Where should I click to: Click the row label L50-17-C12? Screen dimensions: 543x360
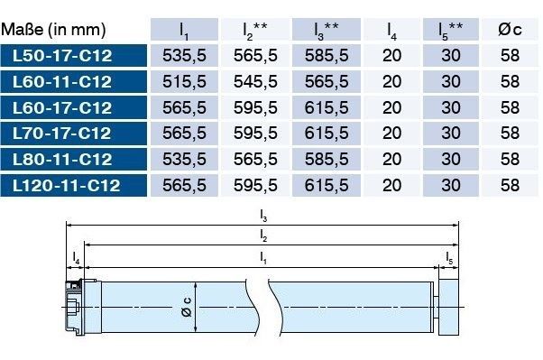coord(62,56)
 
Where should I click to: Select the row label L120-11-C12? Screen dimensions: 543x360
coord(67,185)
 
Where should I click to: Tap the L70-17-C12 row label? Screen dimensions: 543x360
coord(61,134)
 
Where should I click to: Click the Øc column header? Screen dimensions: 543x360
coord(510,30)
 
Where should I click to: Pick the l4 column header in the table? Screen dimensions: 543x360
coord(391,31)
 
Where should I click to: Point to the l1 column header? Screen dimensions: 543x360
coord(184,31)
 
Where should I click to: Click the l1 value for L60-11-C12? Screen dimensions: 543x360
coord(184,82)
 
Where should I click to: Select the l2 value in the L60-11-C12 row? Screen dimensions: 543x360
coord(255,82)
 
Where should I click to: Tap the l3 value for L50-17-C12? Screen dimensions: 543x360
coord(327,56)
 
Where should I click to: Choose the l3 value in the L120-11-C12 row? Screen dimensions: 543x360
coord(327,185)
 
